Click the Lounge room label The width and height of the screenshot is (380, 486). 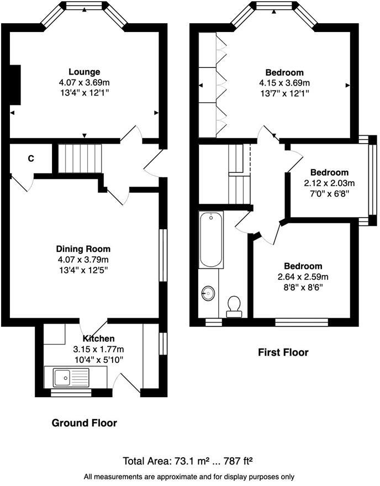coord(84,72)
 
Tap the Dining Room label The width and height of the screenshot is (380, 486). coord(83,249)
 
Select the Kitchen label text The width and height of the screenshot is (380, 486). coord(99,339)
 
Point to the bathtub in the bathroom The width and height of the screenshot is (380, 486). coord(211,240)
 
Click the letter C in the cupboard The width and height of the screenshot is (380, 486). coord(31,159)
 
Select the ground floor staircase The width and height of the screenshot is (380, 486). coord(81,159)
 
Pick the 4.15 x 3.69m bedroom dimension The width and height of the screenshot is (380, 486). coord(284,83)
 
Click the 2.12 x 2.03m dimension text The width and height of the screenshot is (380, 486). coord(329,183)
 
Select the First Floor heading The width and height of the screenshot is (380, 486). coord(283,352)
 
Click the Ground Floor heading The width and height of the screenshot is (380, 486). coord(84,423)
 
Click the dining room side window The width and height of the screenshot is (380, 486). coord(162,255)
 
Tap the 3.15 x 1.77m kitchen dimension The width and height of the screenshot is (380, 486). coord(98,349)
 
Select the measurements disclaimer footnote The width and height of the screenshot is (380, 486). coord(189,476)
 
